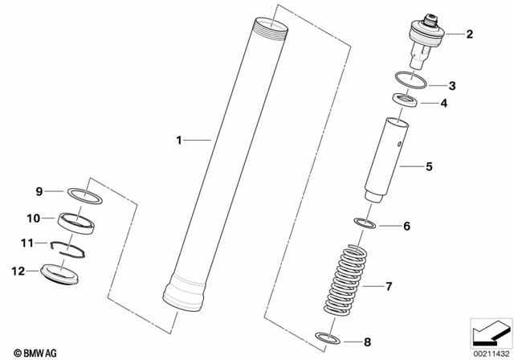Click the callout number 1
click(181, 141)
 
